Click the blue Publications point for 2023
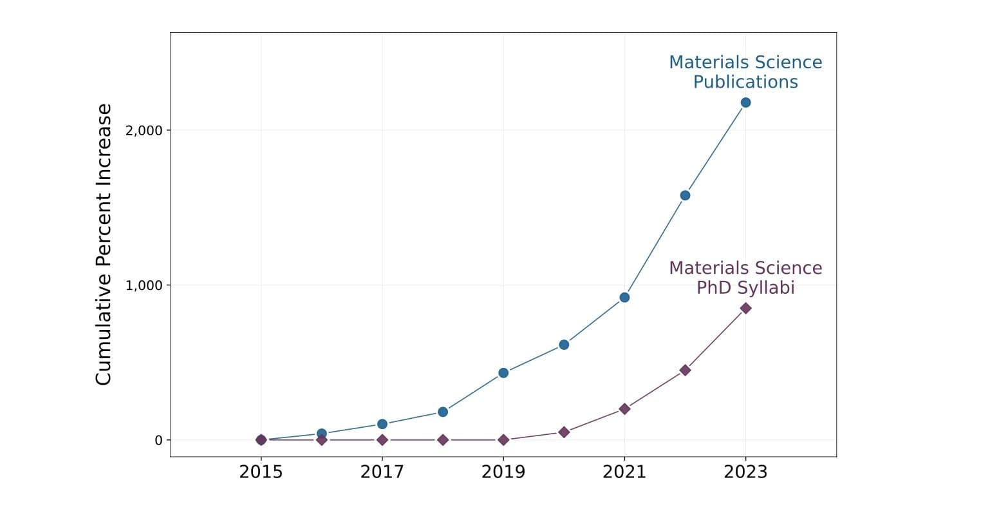pos(745,102)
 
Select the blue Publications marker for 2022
pos(685,195)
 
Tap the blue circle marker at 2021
pos(624,297)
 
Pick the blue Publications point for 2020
pos(564,345)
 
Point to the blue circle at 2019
pos(503,372)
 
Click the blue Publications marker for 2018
pos(443,412)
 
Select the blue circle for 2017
pos(382,424)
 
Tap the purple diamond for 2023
pos(745,308)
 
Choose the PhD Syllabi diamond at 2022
pos(685,370)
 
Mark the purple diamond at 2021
pos(624,408)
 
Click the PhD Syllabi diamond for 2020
pos(564,432)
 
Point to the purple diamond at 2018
pos(443,439)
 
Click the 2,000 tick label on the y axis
pos(144,130)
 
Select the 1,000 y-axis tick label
pos(144,285)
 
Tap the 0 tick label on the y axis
pos(158,440)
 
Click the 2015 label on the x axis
pos(261,472)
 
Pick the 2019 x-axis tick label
pos(503,472)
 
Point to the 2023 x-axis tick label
pos(745,472)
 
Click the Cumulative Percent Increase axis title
pos(104,244)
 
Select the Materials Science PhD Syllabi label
pos(745,277)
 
